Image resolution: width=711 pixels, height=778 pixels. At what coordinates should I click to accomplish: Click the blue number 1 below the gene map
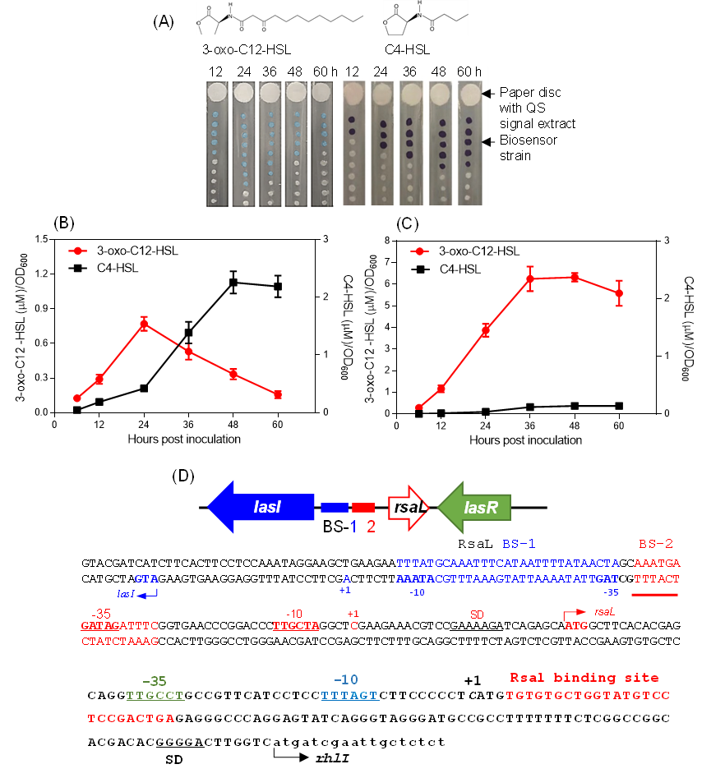354,527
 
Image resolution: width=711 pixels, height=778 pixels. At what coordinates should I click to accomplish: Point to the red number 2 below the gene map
372,527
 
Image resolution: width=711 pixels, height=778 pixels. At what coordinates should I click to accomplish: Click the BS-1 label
519,544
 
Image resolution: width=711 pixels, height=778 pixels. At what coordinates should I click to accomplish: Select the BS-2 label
657,544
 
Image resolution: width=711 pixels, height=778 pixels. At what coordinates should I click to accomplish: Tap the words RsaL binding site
584,678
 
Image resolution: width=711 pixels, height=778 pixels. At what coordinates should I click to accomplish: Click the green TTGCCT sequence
155,696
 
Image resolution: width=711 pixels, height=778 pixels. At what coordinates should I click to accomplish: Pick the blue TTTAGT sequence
350,696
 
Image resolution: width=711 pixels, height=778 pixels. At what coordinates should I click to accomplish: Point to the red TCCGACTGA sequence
131,719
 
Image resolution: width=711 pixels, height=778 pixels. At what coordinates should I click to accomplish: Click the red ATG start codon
576,625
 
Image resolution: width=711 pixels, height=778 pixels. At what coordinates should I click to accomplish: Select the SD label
478,615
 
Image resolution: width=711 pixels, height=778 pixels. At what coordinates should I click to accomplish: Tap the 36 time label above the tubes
409,72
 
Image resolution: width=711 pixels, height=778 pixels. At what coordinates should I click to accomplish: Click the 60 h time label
469,72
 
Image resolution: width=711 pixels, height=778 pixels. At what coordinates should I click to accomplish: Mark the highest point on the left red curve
144,325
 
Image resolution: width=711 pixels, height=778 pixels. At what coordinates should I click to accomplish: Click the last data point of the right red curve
620,292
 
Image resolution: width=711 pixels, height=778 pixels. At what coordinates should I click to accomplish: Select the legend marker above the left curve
77,251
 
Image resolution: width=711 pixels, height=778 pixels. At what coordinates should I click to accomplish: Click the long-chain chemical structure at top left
280,18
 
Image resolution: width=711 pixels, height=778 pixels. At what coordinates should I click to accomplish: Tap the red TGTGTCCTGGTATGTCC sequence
589,696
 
